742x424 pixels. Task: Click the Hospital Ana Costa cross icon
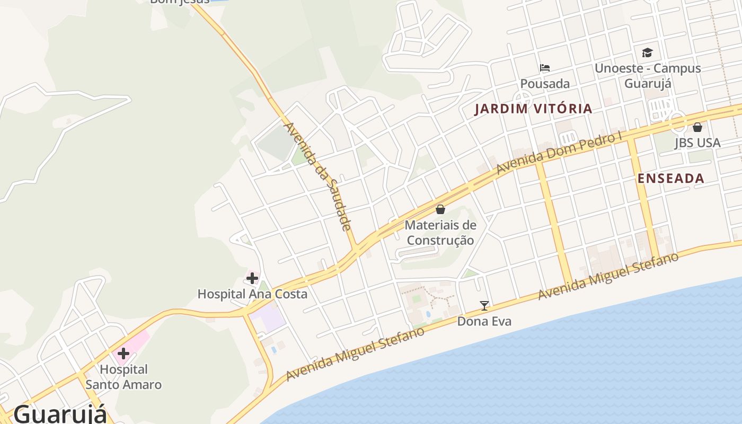(x=252, y=278)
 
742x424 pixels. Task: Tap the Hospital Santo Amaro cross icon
(x=123, y=354)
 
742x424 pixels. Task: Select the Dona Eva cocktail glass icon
(x=484, y=306)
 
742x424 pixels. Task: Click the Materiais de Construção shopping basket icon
(x=440, y=209)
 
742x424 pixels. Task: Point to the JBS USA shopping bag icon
(x=697, y=127)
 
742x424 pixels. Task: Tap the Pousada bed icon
(x=544, y=68)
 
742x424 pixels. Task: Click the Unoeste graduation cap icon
(x=647, y=52)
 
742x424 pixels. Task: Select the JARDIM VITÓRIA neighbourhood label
(x=533, y=109)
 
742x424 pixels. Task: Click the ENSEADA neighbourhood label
(x=671, y=179)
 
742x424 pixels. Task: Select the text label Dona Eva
(x=484, y=321)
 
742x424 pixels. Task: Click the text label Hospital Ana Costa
(x=252, y=294)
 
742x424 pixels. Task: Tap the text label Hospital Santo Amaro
(x=123, y=377)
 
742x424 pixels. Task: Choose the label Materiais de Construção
(x=440, y=232)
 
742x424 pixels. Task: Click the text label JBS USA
(x=697, y=143)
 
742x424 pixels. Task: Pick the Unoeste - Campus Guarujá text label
(x=648, y=76)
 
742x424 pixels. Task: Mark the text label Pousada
(x=545, y=84)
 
